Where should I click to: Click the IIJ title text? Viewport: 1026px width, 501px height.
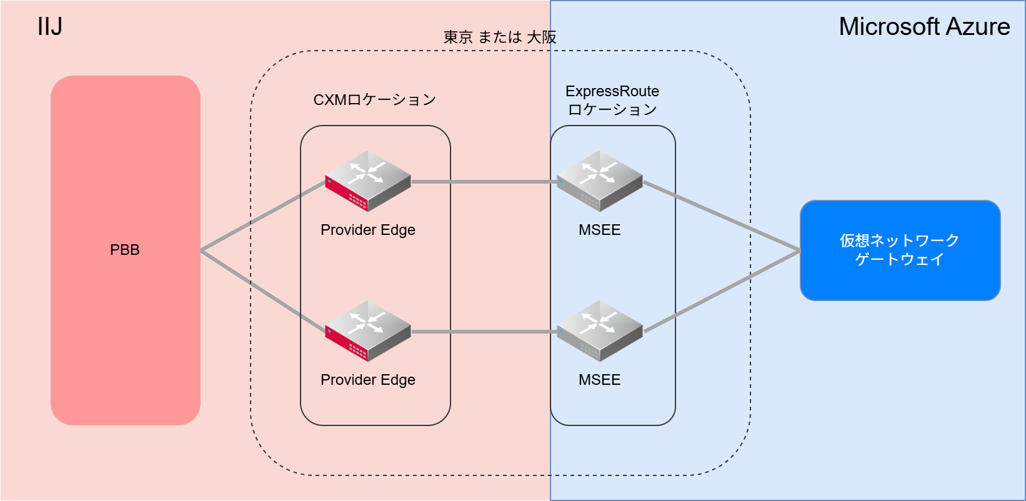tap(50, 27)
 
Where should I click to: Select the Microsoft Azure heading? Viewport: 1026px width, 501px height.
tap(924, 27)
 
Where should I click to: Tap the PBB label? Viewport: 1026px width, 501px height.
tap(125, 250)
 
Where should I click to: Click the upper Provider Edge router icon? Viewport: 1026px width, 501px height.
tap(368, 181)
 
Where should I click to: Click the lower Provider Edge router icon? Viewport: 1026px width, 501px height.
tap(368, 330)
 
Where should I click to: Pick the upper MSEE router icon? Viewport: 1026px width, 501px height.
tap(600, 181)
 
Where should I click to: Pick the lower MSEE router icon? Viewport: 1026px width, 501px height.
tap(600, 330)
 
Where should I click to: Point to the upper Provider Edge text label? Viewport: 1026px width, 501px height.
tap(368, 230)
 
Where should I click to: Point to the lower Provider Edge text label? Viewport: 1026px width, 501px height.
tap(368, 380)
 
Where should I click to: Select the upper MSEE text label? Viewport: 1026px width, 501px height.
tap(600, 230)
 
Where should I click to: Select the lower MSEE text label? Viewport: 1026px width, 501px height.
tap(600, 380)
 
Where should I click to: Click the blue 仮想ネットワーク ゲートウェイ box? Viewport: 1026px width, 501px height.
tap(900, 250)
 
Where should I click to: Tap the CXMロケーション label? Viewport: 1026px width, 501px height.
tap(375, 100)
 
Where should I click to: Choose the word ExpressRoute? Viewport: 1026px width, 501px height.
tap(612, 91)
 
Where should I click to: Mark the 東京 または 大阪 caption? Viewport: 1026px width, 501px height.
tap(500, 37)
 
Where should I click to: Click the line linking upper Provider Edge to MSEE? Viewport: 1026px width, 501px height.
tap(484, 182)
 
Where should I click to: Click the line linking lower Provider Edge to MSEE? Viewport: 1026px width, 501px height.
tap(484, 332)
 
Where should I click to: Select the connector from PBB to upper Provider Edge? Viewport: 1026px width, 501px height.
tap(262, 216)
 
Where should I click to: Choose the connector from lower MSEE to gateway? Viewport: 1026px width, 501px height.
tap(722, 291)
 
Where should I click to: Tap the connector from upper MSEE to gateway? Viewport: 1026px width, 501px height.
tap(722, 216)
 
